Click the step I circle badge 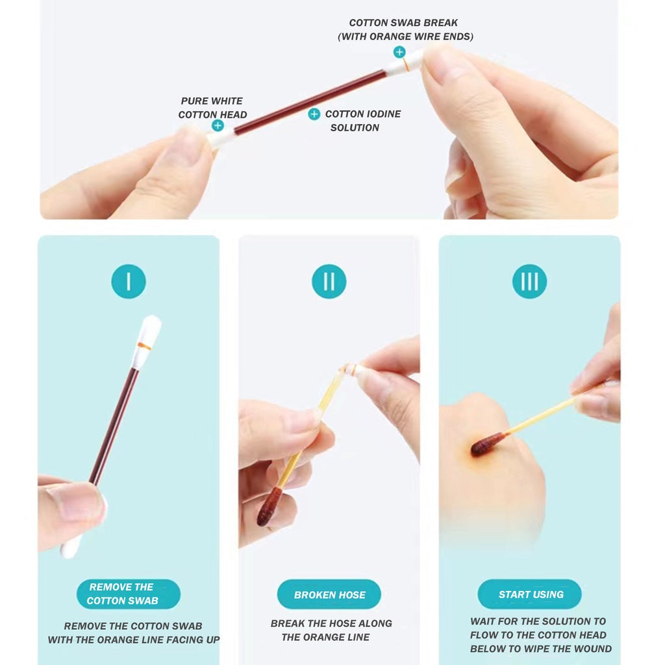[129, 281]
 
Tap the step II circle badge [329, 281]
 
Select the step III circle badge [529, 281]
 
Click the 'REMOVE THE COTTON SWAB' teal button [129, 594]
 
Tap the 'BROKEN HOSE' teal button [329, 594]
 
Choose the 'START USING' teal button [529, 594]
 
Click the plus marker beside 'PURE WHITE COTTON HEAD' [218, 125]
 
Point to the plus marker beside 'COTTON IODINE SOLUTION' [314, 114]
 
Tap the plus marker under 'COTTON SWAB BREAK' [399, 52]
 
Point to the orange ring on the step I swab [145, 347]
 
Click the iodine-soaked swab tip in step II [269, 507]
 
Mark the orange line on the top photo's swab [406, 65]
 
